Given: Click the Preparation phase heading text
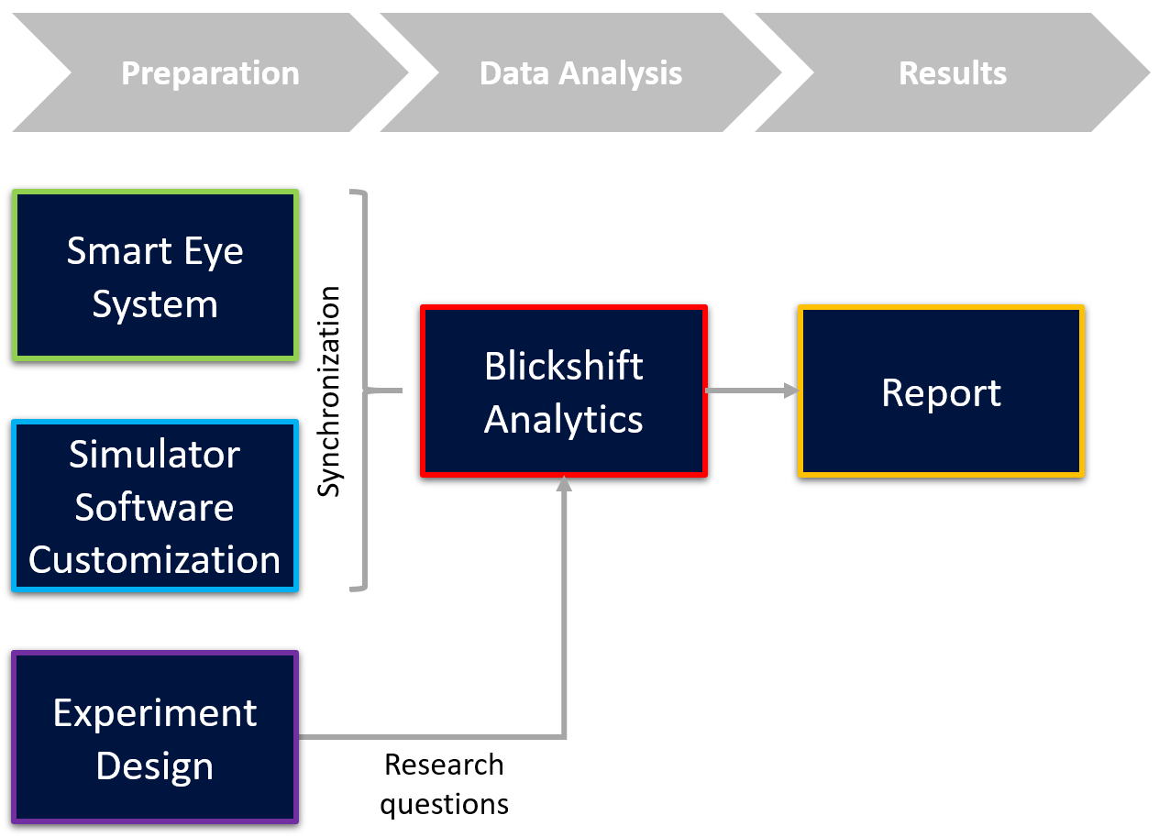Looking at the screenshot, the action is [x=210, y=73].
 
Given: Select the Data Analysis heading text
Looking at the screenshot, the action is [x=580, y=73].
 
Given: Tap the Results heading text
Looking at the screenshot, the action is [x=953, y=73].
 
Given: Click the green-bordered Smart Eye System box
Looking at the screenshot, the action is [x=155, y=275].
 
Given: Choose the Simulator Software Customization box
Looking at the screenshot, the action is [x=155, y=506].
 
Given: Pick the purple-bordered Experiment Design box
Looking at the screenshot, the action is [x=155, y=737].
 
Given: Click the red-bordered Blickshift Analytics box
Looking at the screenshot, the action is [x=564, y=391].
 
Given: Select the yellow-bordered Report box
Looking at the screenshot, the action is [x=941, y=391].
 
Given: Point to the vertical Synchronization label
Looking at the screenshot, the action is [x=328, y=391].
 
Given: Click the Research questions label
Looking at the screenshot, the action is [x=444, y=784].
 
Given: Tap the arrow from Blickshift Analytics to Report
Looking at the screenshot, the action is [x=753, y=391].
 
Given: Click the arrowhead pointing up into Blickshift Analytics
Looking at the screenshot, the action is [x=564, y=483].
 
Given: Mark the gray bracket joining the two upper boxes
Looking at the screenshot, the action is [x=367, y=391].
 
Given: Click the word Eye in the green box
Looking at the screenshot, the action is [x=213, y=252].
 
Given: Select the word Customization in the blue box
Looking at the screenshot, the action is [x=154, y=560].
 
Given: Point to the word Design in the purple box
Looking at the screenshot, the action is [x=155, y=766].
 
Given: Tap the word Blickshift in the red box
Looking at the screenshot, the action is [x=564, y=366].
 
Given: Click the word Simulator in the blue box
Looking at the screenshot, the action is [x=154, y=454].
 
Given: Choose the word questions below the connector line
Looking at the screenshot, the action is [x=444, y=805].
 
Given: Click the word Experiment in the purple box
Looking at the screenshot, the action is [x=155, y=714].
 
